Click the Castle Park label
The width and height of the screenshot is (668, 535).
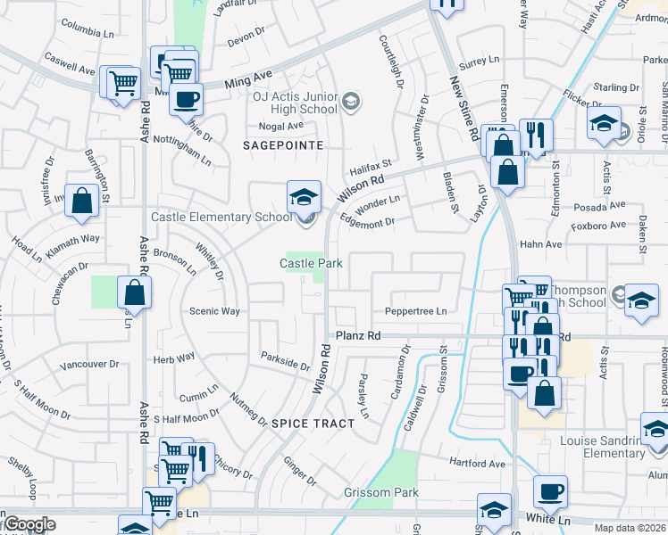coord(311,263)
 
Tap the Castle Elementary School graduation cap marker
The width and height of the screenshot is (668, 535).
coord(303,194)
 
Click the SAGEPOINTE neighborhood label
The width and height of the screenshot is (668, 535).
coord(283,144)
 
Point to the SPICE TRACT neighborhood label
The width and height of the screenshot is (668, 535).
coord(313,423)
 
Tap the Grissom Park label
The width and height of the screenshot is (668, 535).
coord(381,492)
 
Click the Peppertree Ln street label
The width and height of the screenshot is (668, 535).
coord(415,311)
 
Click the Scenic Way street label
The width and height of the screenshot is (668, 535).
coord(214,311)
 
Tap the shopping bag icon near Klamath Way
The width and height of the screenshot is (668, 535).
coord(81,202)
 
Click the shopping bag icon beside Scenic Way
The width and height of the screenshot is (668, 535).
coord(134,292)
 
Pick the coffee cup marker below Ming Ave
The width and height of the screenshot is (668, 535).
coord(186,99)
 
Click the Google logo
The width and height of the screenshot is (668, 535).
coord(29,525)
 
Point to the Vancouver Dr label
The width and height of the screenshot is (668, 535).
coord(89,364)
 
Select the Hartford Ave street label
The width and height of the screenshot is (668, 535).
coord(478,464)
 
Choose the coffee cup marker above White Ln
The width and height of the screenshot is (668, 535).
coord(549,491)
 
